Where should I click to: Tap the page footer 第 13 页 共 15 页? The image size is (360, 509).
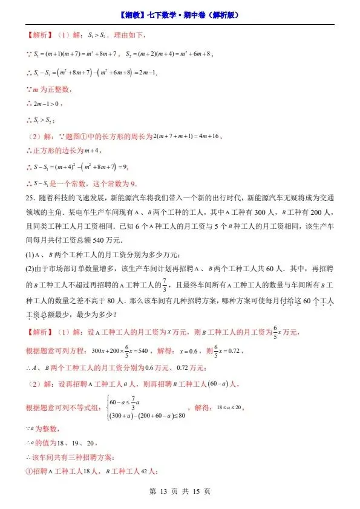click(x=180, y=491)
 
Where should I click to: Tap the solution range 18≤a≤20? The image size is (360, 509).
click(x=229, y=408)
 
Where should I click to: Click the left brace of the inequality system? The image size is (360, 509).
click(x=108, y=408)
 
